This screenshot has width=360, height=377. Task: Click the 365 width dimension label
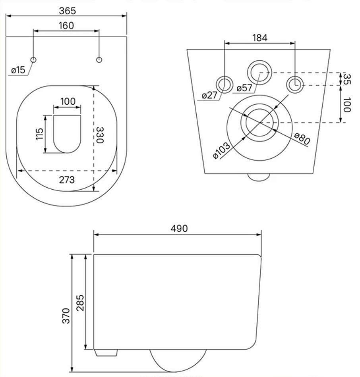point(68,11)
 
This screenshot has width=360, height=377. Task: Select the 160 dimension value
point(66,26)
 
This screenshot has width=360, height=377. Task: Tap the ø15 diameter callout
point(18,70)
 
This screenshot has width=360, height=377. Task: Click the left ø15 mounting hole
point(33,60)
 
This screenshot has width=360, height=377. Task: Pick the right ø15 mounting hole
point(99,60)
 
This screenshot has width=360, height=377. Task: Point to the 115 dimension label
point(39,134)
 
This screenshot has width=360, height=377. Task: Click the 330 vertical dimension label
point(100,135)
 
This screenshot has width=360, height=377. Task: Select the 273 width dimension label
point(67,180)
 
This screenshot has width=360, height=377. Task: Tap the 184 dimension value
point(260,38)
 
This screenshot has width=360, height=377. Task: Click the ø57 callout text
point(244,88)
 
